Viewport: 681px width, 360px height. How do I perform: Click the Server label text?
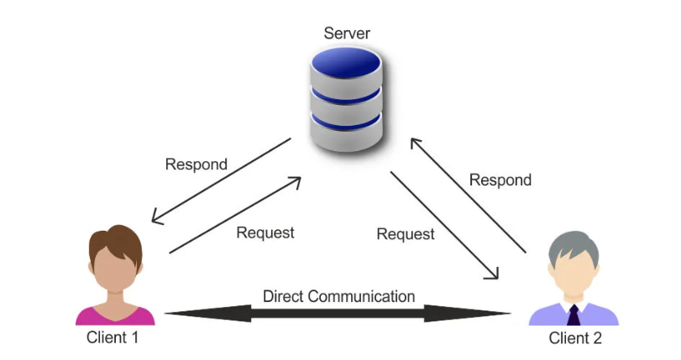click(347, 34)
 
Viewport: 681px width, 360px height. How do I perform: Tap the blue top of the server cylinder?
click(345, 63)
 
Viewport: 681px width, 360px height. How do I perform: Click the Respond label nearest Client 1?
click(196, 164)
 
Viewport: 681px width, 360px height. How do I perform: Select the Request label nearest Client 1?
click(265, 232)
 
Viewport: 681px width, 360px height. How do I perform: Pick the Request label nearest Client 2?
click(406, 234)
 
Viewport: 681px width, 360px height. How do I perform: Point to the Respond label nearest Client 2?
click(500, 180)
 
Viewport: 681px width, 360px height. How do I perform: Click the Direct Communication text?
click(338, 296)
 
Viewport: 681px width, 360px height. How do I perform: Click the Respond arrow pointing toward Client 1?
click(221, 181)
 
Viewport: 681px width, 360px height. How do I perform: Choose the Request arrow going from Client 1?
click(235, 215)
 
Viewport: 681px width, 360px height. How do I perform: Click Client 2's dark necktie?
click(574, 316)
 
